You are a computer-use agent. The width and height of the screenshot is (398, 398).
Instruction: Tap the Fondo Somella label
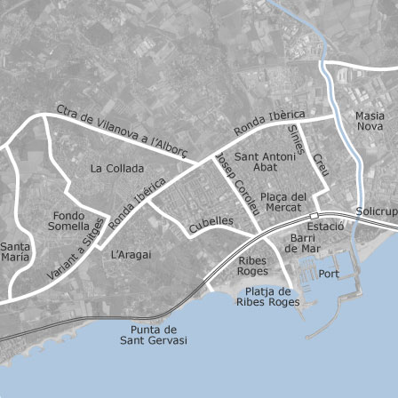[68, 220]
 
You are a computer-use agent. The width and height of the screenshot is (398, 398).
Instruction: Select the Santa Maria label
[14, 251]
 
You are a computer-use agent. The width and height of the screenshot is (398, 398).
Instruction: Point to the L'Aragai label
[131, 254]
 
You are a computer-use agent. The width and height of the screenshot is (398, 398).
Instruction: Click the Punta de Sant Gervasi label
[153, 335]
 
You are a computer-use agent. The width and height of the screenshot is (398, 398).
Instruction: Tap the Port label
[329, 274]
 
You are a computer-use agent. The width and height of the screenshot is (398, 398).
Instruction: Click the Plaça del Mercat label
[283, 202]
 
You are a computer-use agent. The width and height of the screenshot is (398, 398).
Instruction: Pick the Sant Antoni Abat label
[259, 161]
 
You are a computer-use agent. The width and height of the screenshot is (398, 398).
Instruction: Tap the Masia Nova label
[370, 122]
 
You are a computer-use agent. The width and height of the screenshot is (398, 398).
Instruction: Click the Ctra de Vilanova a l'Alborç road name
[122, 131]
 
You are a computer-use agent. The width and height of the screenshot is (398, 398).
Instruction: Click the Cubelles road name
[211, 224]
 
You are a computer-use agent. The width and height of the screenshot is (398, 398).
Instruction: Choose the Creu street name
[319, 164]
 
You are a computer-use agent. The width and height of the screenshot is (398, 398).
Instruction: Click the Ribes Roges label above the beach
[253, 266]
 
